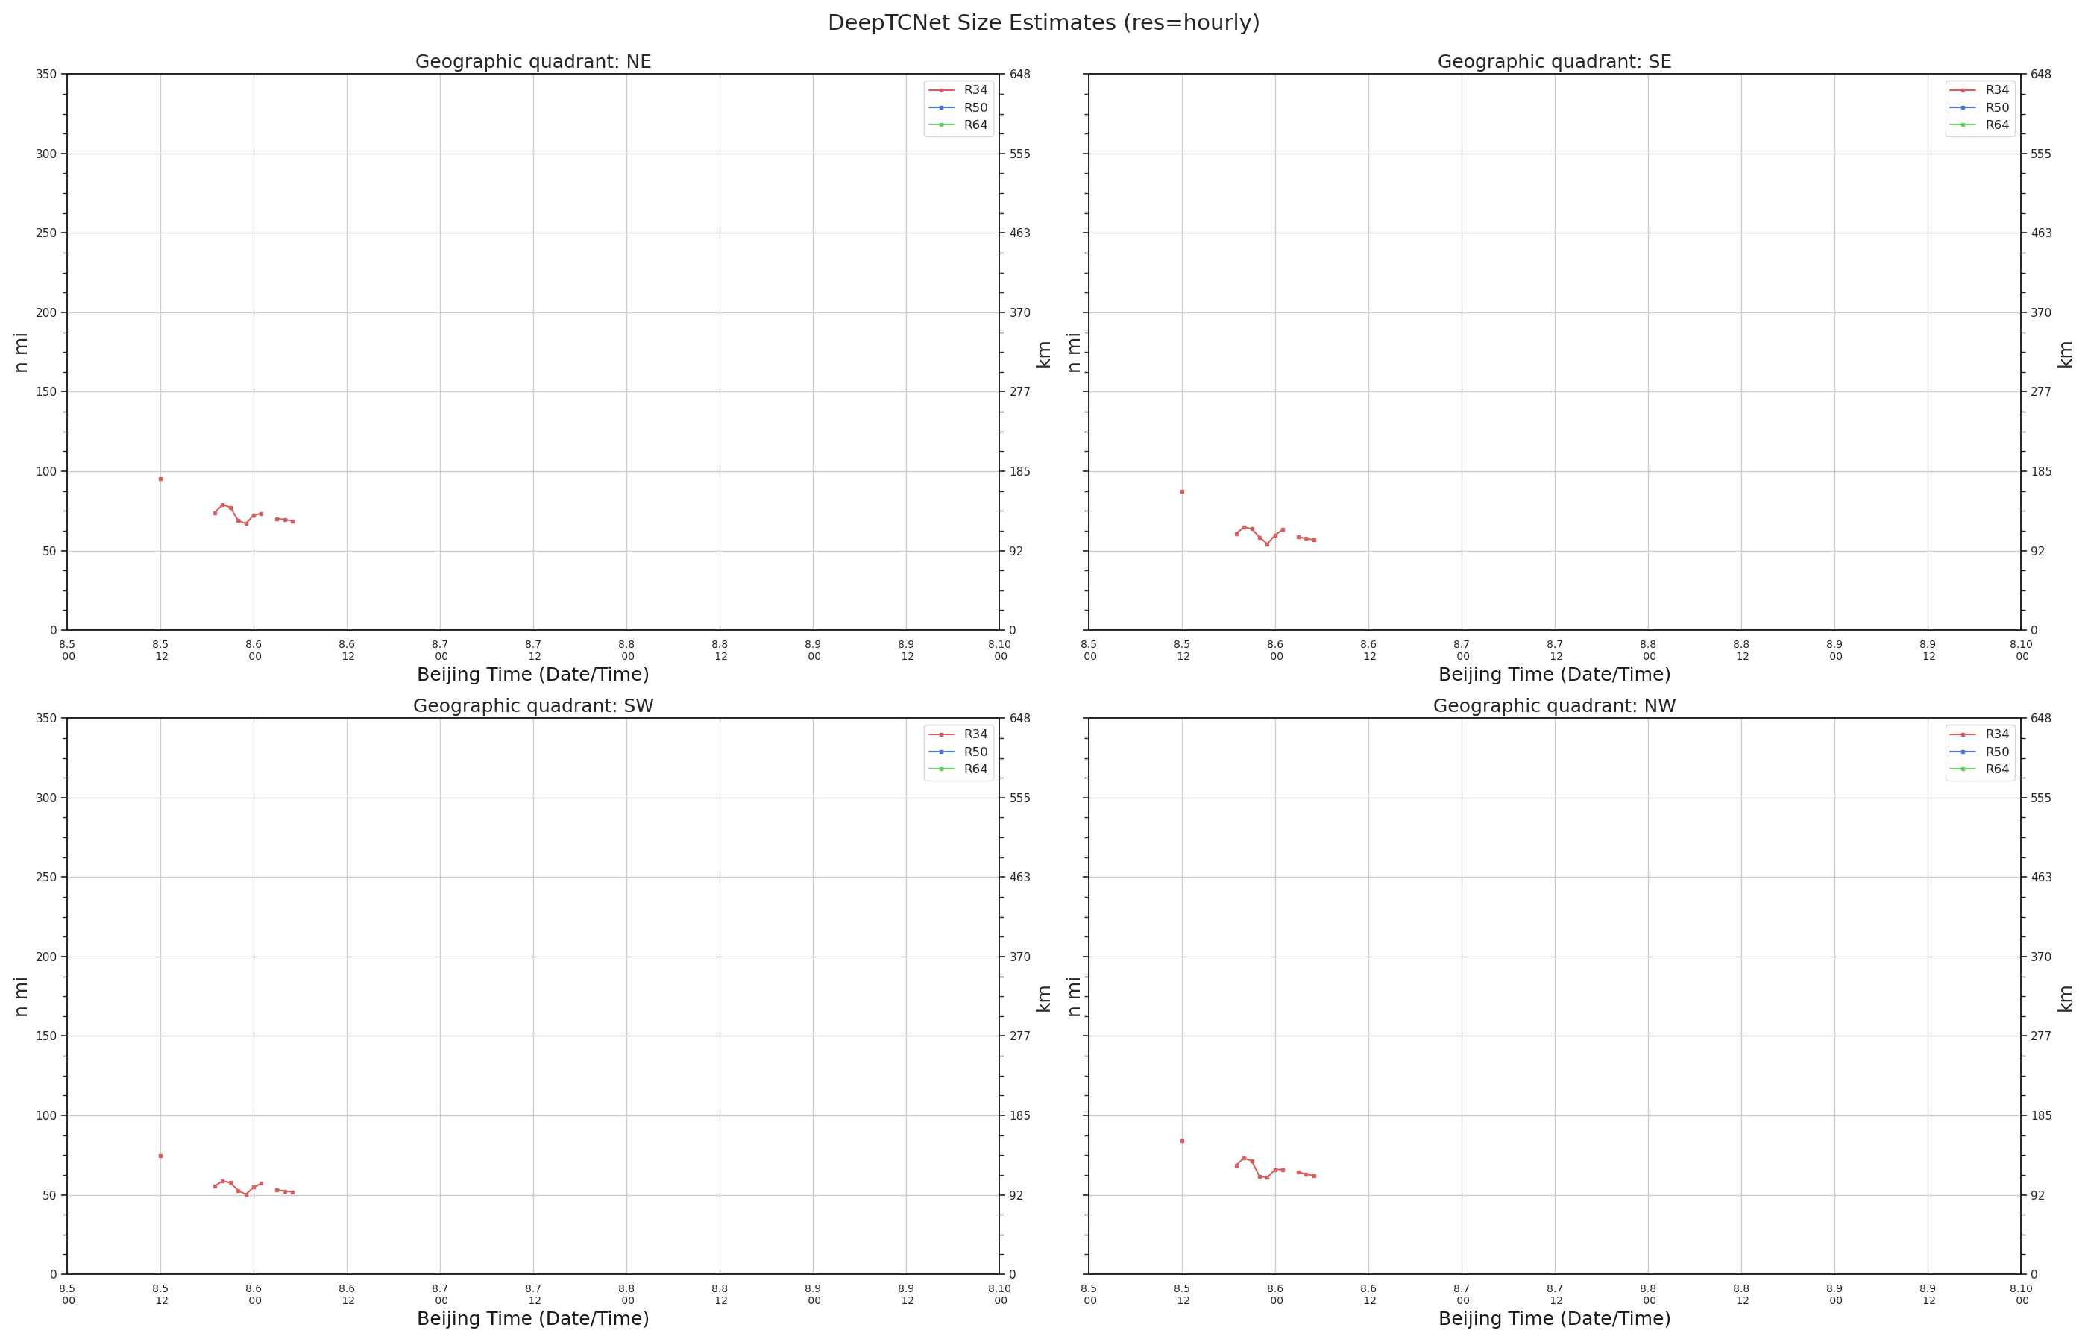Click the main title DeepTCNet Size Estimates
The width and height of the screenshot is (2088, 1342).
1043,22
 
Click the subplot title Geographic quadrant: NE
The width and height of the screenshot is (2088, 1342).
532,62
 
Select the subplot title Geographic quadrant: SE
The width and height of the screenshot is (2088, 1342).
1554,62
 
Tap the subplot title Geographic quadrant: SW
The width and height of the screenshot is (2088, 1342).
532,706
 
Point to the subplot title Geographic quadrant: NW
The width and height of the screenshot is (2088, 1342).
1554,706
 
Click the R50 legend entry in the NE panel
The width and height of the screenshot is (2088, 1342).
957,108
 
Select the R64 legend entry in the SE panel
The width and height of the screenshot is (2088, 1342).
1979,125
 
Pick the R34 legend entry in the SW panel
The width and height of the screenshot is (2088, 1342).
957,734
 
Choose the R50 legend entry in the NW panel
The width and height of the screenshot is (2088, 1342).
1979,752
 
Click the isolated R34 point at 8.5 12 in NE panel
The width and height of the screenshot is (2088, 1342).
160,479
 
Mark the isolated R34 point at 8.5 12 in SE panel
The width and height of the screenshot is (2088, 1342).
1182,492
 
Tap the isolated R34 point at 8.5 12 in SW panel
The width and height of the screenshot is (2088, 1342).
160,1156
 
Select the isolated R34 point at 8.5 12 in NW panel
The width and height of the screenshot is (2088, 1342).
1182,1141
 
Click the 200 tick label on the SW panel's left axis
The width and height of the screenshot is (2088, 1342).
46,957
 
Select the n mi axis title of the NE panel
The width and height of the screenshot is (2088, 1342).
22,353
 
